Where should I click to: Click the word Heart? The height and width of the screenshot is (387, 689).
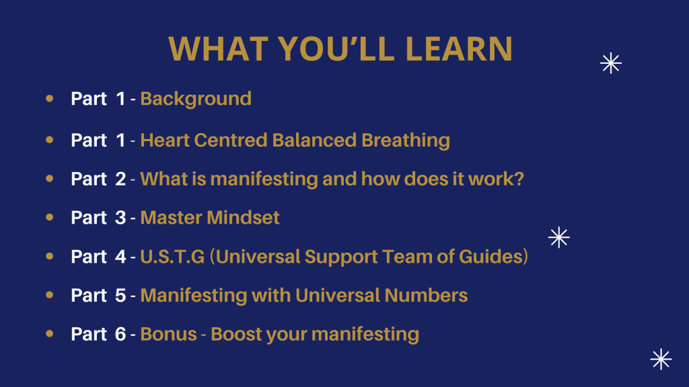click(165, 140)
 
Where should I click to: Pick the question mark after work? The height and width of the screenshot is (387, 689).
click(519, 179)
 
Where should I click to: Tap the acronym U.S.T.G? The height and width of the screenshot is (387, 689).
click(172, 257)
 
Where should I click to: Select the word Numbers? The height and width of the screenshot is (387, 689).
click(426, 296)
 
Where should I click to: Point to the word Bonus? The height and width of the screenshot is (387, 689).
click(168, 335)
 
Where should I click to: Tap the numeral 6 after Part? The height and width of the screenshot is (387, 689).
click(120, 335)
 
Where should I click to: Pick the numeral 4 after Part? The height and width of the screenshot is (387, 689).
click(120, 257)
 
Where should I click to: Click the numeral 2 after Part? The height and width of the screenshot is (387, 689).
click(120, 179)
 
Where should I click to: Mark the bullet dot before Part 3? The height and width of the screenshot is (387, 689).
click(50, 217)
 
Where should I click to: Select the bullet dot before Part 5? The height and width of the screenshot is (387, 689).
click(50, 295)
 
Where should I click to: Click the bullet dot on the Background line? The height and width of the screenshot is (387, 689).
click(50, 98)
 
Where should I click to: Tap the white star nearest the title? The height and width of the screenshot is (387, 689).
click(611, 63)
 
